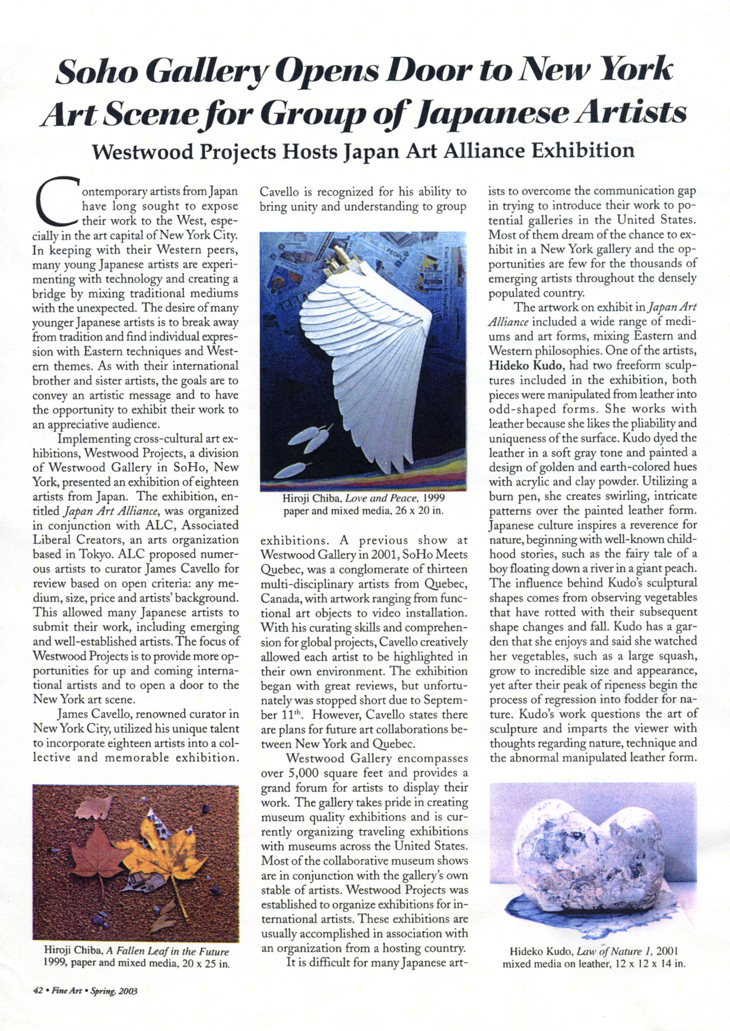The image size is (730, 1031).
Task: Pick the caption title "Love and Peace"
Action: click(382, 498)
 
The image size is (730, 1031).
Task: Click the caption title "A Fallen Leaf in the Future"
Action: click(167, 951)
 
